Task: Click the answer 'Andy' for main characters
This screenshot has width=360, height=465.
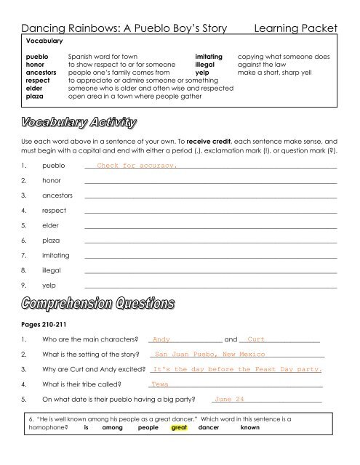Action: pos(161,339)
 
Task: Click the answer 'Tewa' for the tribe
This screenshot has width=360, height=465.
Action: pos(160,384)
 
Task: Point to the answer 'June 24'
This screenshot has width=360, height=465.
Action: pos(230,400)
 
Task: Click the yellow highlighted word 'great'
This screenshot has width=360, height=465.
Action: pos(178,429)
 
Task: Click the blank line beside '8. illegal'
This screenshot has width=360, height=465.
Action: pos(211,271)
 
